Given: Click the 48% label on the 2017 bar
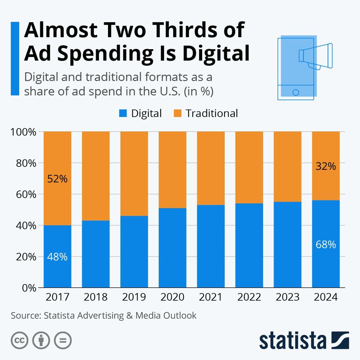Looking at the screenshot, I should pyautogui.click(x=57, y=257).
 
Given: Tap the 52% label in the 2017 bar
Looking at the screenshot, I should pyautogui.click(x=57, y=179).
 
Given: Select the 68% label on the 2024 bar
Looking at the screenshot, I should pyautogui.click(x=326, y=245).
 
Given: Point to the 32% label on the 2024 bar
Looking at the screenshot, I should pyautogui.click(x=326, y=166).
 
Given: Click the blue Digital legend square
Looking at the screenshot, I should pyautogui.click(x=123, y=113).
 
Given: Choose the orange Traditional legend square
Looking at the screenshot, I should pyautogui.click(x=177, y=113).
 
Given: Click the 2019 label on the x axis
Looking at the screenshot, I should pyautogui.click(x=134, y=297).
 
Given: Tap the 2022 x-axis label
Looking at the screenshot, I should pyautogui.click(x=249, y=297).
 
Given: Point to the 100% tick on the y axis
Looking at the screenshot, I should pyautogui.click(x=23, y=132).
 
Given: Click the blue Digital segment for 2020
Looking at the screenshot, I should pyautogui.click(x=172, y=247).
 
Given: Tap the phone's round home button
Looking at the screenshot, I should pyautogui.click(x=295, y=92).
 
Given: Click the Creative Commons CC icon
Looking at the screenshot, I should pyautogui.click(x=20, y=340).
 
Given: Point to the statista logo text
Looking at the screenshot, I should pyautogui.click(x=292, y=340).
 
